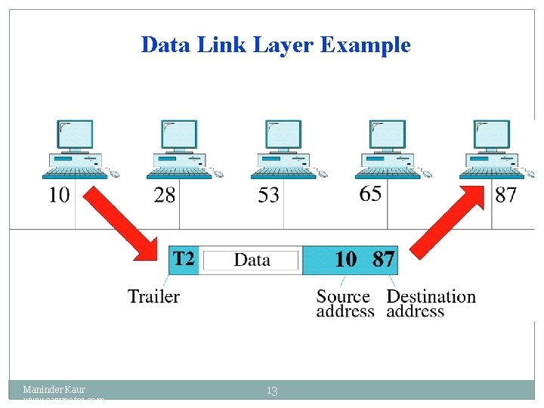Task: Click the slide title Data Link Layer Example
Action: (x=275, y=45)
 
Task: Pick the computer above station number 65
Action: (x=388, y=149)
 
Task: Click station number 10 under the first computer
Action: (x=59, y=195)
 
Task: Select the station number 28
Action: (x=164, y=195)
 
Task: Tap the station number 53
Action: (x=268, y=196)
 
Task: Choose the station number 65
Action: (x=370, y=193)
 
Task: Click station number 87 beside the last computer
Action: (x=505, y=195)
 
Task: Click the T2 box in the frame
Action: (x=184, y=260)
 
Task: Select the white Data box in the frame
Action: (x=252, y=261)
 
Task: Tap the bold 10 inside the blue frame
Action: (x=345, y=260)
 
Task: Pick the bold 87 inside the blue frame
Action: (x=383, y=260)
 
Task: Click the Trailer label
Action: (x=153, y=296)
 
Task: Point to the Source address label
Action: (x=345, y=304)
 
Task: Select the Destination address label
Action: (x=431, y=304)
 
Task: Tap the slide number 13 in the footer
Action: (x=272, y=391)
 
